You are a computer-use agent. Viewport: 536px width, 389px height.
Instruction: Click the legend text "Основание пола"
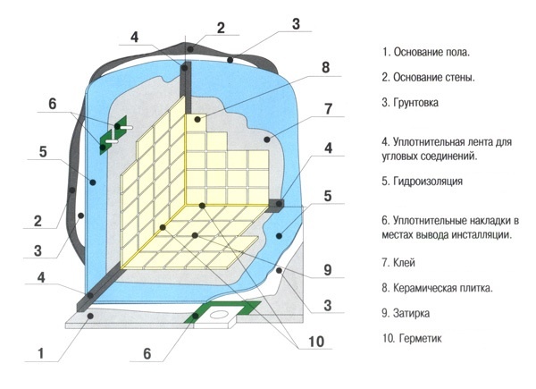tap(431, 53)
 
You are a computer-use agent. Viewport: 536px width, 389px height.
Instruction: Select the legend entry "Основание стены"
tap(434, 77)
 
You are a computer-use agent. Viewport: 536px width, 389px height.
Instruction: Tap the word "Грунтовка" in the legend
tap(415, 102)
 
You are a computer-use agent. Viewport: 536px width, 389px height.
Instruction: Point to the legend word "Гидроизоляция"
tap(428, 181)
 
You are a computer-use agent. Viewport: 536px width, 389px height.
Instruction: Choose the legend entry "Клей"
tap(404, 263)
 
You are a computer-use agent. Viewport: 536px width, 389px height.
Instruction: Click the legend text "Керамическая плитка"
tap(443, 288)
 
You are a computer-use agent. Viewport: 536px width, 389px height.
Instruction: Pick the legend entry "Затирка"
tap(411, 313)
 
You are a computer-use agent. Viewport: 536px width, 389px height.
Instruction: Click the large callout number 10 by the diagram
tap(316, 341)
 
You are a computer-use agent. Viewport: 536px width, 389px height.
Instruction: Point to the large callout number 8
tap(325, 67)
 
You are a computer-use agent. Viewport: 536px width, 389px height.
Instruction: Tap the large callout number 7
tap(328, 109)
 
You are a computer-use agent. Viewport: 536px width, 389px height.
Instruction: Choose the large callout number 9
tap(328, 270)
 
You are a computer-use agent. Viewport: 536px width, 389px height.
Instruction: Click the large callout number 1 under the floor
tap(41, 353)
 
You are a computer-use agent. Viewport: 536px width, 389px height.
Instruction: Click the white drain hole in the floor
tap(218, 313)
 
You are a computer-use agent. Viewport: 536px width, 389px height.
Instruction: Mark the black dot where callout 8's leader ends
tap(197, 120)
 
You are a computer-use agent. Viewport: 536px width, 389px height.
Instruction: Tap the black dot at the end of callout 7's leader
tap(267, 140)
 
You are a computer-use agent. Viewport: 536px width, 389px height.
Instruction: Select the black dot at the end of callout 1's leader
tap(90, 317)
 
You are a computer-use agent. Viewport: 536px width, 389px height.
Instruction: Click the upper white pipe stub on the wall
tap(125, 127)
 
